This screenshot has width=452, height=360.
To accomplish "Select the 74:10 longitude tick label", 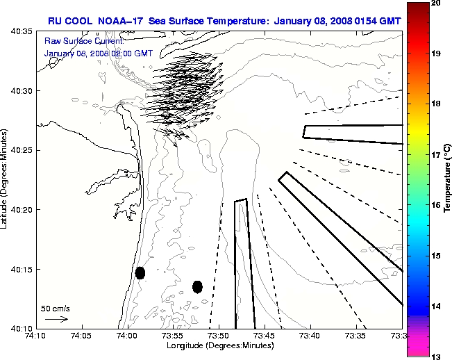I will pos(37,336).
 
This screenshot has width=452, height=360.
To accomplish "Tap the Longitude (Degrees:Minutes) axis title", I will pos(220,346).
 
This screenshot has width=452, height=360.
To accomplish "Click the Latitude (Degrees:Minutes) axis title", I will pos(5,179).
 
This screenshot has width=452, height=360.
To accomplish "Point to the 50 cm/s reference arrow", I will pos(56,319).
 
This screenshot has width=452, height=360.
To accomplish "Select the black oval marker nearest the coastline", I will pos(140,272).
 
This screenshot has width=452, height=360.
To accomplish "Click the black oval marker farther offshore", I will pos(197,286).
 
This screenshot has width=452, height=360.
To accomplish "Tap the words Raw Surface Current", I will pos(78,40).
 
